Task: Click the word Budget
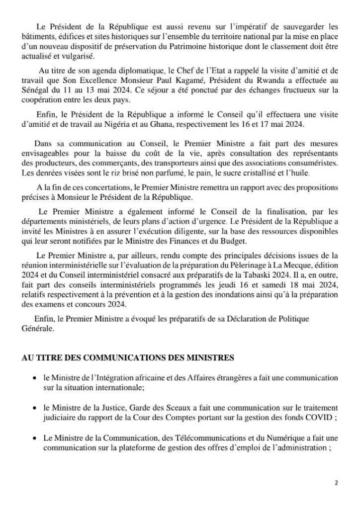[x=231, y=242]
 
